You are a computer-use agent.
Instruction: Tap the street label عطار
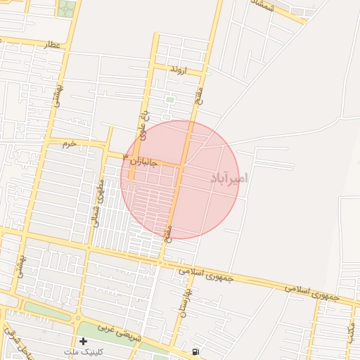53,45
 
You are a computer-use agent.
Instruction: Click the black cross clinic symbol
84,341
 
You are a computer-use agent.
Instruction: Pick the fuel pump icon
194,351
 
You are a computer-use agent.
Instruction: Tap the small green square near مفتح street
169,100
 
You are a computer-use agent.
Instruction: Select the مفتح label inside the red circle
169,231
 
